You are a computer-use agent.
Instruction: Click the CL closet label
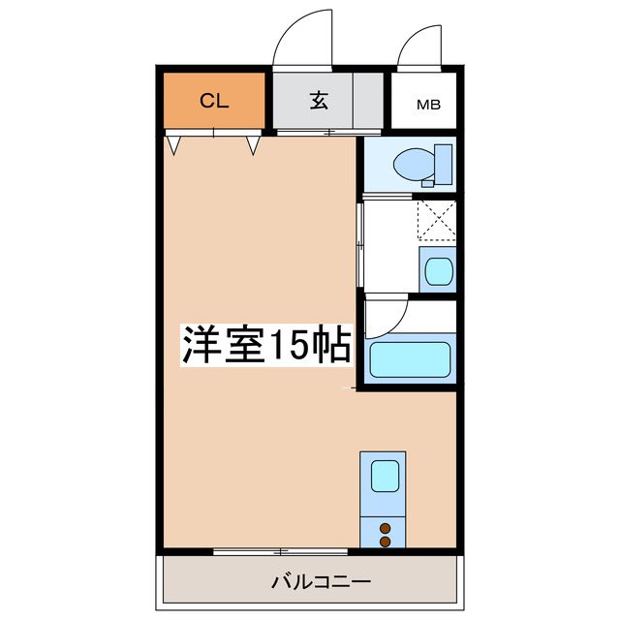click(214, 101)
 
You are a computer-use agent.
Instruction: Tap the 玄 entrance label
click(317, 101)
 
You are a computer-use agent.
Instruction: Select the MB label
click(426, 105)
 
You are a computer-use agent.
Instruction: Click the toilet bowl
click(417, 165)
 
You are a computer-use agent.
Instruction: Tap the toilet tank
click(444, 165)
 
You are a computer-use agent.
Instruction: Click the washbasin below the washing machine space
click(436, 268)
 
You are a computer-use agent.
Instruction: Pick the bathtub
click(411, 360)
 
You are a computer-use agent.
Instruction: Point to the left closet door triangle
click(174, 145)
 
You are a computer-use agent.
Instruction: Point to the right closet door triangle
click(253, 145)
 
